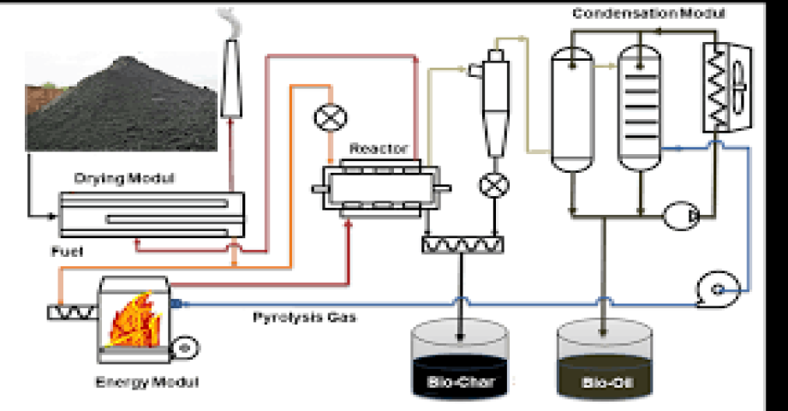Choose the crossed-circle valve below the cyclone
(x=494, y=183)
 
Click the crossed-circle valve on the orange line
(x=327, y=118)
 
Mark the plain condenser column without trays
(x=571, y=107)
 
